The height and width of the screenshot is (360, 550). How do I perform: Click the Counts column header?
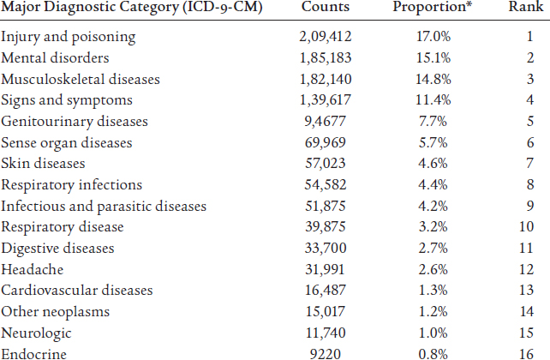click(x=326, y=7)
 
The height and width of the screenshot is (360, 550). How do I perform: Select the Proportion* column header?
click(x=432, y=7)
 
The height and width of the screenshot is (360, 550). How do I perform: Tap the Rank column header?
click(x=526, y=7)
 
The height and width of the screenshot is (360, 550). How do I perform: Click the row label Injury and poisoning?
click(x=68, y=37)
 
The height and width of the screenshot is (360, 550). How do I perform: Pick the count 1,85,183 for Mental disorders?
click(x=326, y=58)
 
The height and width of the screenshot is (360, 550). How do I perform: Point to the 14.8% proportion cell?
click(x=433, y=79)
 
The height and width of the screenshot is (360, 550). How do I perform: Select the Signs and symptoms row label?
click(x=67, y=100)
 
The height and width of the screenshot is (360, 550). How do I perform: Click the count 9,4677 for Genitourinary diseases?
click(x=326, y=122)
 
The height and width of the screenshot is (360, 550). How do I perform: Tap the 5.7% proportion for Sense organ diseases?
click(x=433, y=142)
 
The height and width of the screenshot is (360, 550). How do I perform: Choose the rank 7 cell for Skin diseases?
click(x=530, y=164)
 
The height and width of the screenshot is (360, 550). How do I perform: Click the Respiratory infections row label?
click(x=72, y=185)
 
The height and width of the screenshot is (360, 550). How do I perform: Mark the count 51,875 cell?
click(x=326, y=206)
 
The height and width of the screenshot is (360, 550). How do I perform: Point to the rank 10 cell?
click(x=526, y=226)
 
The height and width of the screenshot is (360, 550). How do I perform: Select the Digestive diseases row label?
click(x=57, y=249)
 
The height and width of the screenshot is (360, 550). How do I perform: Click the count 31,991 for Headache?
click(x=326, y=269)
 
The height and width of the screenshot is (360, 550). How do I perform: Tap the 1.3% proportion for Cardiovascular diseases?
click(x=433, y=291)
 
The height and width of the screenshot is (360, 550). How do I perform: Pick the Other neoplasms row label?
click(x=55, y=312)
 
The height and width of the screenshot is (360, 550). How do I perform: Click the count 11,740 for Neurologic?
click(x=326, y=333)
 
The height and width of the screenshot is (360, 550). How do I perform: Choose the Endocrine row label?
click(x=33, y=354)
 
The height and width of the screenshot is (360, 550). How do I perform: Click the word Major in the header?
click(x=21, y=8)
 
